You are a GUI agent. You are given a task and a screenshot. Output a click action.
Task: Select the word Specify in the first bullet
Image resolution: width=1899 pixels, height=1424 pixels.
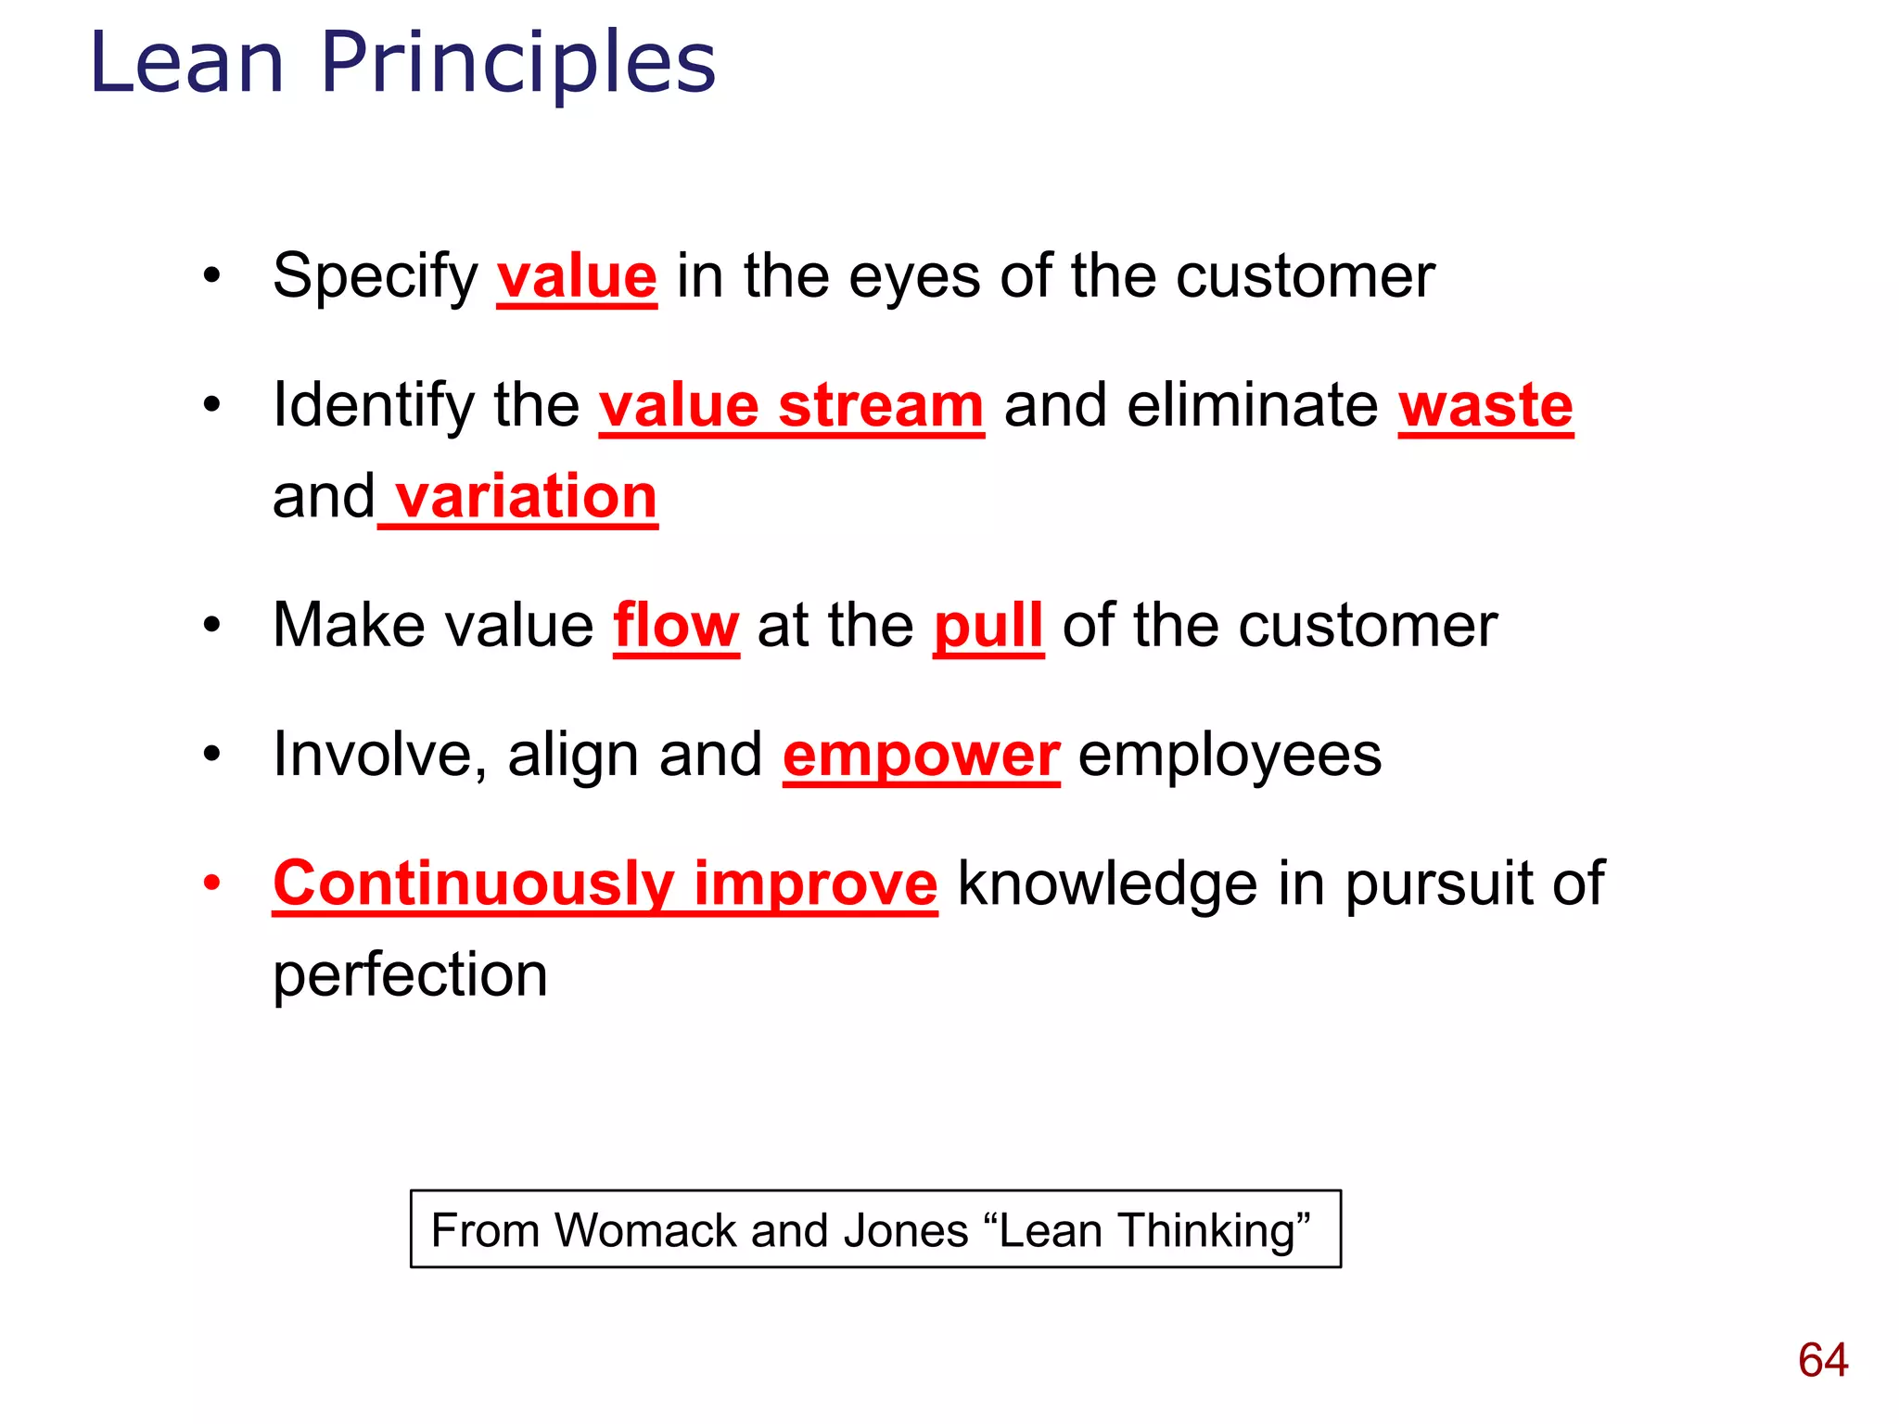click(375, 276)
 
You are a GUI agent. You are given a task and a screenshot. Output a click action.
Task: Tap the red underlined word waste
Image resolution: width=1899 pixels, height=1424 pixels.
click(1485, 406)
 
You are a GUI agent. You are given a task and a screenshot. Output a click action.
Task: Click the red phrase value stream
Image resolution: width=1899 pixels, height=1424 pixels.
click(791, 406)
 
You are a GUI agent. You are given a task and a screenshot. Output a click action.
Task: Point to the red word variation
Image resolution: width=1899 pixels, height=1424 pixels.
click(526, 497)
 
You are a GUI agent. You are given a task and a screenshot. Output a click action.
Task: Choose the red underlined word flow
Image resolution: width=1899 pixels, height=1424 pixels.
click(676, 626)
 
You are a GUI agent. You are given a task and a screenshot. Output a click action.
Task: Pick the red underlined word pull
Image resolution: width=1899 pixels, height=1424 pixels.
click(988, 626)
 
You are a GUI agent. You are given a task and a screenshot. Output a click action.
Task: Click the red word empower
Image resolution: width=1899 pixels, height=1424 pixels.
click(921, 755)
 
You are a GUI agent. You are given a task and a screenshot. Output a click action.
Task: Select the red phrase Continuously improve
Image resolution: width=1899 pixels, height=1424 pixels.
click(605, 883)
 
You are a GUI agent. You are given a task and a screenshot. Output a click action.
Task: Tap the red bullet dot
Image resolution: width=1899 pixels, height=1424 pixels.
click(212, 884)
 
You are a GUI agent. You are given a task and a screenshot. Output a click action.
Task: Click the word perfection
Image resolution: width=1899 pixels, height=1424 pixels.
click(410, 975)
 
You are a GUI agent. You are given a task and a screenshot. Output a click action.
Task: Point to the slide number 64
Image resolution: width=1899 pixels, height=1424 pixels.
click(1823, 1360)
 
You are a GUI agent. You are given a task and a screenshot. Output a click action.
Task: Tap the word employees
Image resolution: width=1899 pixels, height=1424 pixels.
click(1230, 755)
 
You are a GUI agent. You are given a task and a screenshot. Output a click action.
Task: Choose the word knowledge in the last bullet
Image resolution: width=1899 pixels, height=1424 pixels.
click(1107, 883)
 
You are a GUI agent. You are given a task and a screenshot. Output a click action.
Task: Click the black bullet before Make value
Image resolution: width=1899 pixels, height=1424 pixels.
click(212, 626)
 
